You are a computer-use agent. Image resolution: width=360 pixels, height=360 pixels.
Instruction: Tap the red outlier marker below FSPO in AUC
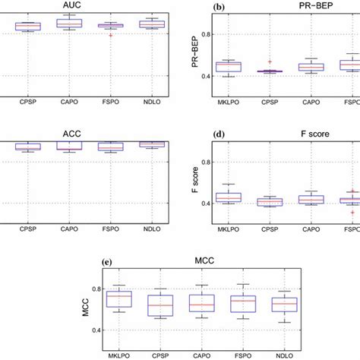(x=111, y=35)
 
